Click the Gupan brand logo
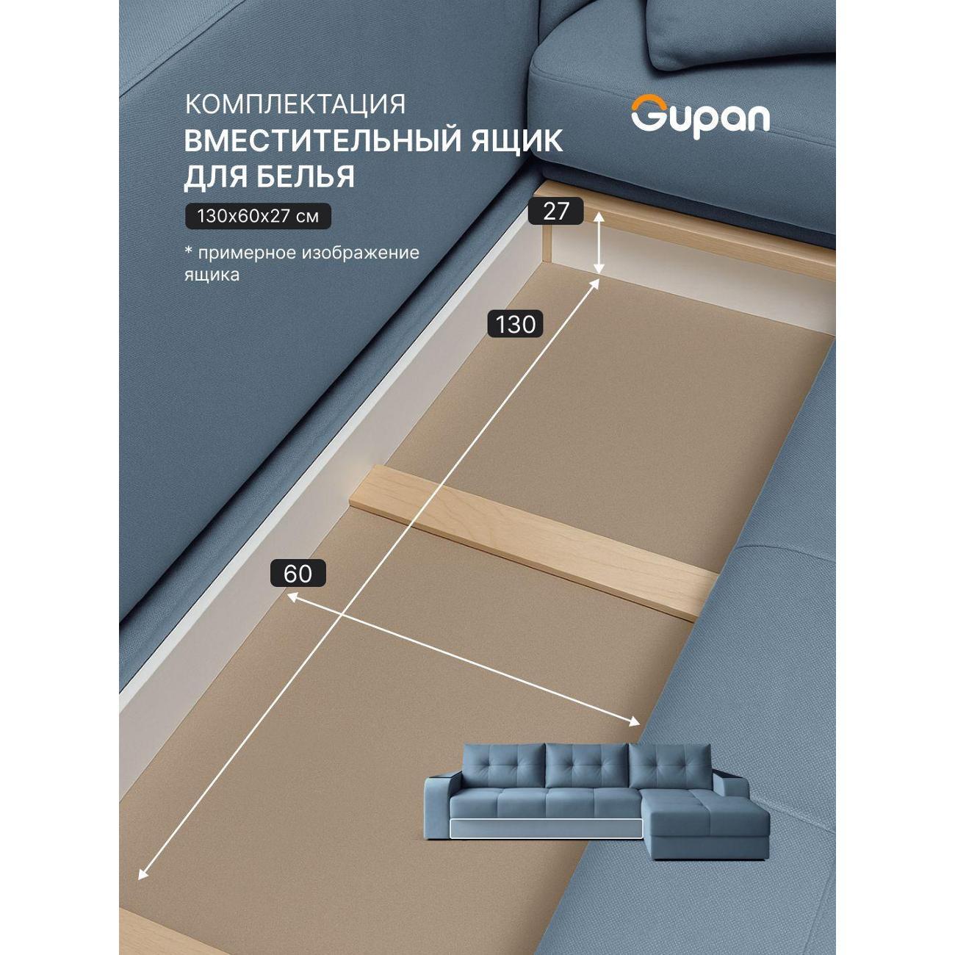point(700,117)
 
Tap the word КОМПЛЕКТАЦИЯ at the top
point(295,104)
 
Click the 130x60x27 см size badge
point(258,216)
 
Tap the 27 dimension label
point(555,212)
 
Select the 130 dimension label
point(516,325)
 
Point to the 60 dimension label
point(298,574)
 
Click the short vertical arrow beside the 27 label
point(599,243)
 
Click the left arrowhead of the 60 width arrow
point(292,598)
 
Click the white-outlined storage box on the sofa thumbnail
point(546,829)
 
